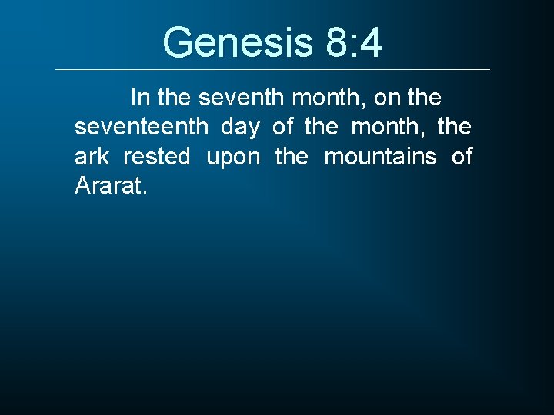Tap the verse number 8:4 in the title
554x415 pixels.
coord(353,42)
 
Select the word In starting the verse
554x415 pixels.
coord(141,98)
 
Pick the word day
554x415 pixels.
coord(239,128)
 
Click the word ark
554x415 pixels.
coord(92,157)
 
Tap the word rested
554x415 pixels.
coord(156,157)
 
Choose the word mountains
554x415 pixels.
coord(380,157)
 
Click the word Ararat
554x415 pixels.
coord(106,186)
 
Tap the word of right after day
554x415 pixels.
coord(282,127)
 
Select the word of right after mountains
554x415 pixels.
coord(462,157)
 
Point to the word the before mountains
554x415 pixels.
coord(292,157)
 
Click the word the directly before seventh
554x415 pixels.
coord(175,98)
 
